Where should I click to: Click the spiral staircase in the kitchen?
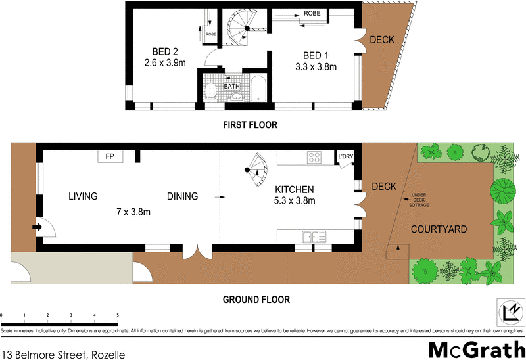(x=254, y=169)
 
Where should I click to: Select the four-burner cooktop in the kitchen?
(x=314, y=157)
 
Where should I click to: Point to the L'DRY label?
(x=345, y=156)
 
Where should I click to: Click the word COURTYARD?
(x=439, y=229)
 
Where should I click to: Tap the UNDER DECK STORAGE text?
(x=419, y=200)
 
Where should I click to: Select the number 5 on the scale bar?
(x=118, y=316)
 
